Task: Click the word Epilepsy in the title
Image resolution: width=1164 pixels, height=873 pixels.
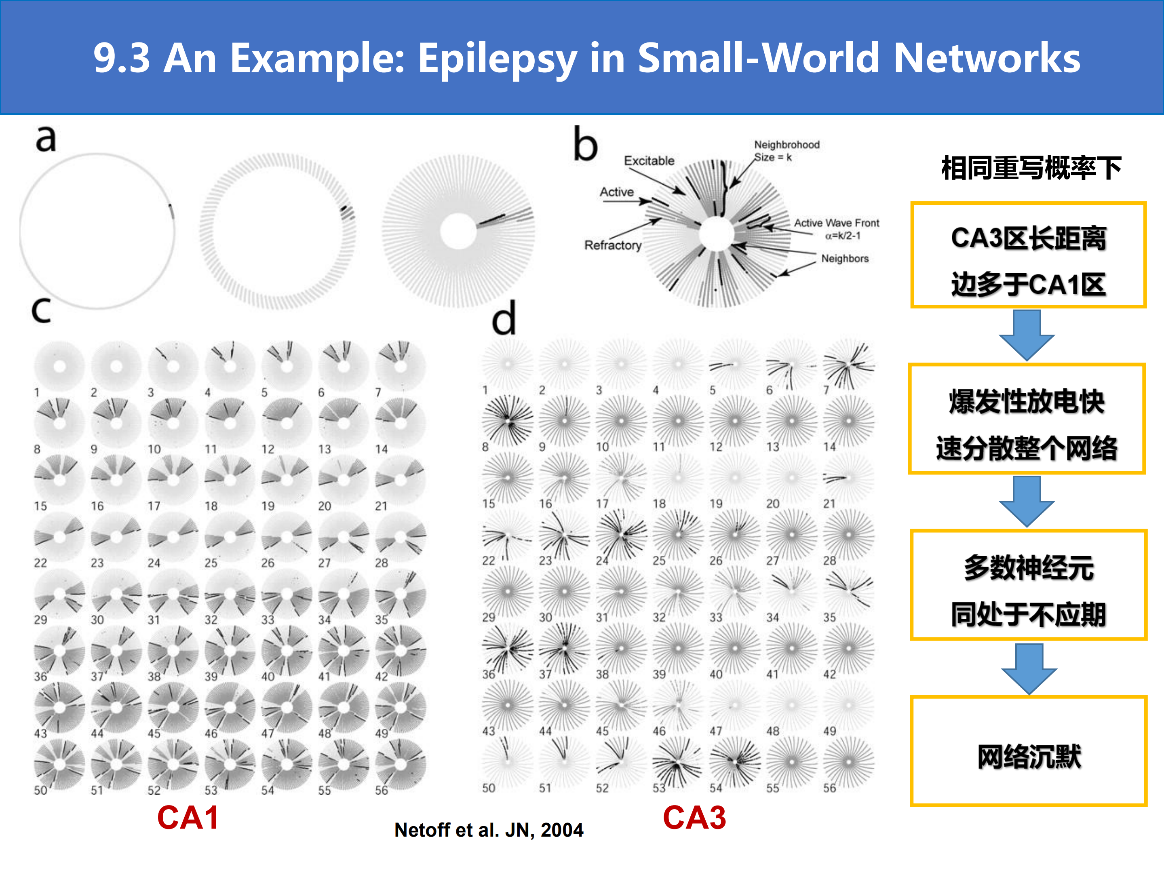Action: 497,59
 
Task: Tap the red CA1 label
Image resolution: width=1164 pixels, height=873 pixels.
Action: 188,818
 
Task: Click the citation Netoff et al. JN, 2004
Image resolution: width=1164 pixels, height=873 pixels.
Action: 489,830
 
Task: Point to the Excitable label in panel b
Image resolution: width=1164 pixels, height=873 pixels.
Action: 649,160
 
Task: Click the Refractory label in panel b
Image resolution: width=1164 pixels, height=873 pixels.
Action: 613,245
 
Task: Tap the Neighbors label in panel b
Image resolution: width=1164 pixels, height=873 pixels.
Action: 845,258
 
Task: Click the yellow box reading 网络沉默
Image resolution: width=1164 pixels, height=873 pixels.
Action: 1028,751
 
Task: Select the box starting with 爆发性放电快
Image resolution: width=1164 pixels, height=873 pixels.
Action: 1027,418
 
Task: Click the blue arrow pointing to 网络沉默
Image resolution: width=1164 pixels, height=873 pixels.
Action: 1029,668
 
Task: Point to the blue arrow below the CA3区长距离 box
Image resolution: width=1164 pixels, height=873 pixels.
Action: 1027,335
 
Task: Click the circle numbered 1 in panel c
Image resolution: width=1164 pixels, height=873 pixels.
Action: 59,366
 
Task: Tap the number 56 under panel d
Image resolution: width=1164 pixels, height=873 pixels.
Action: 829,788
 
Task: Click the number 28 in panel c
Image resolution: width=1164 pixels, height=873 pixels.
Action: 382,563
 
